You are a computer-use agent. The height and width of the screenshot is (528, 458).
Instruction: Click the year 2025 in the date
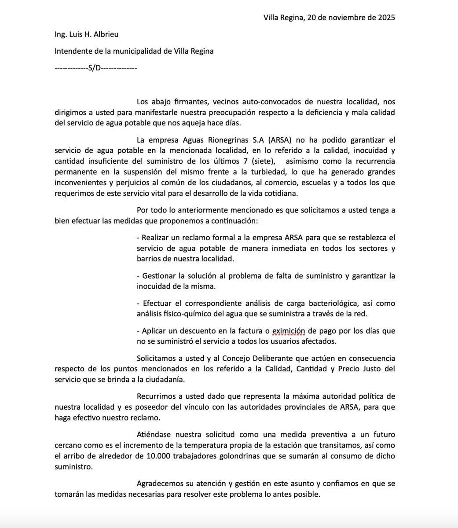385,18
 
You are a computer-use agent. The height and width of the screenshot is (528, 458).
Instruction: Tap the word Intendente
72,51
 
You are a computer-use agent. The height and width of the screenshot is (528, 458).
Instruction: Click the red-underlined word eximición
289,330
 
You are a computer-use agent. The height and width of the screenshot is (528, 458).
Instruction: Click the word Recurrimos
156,396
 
